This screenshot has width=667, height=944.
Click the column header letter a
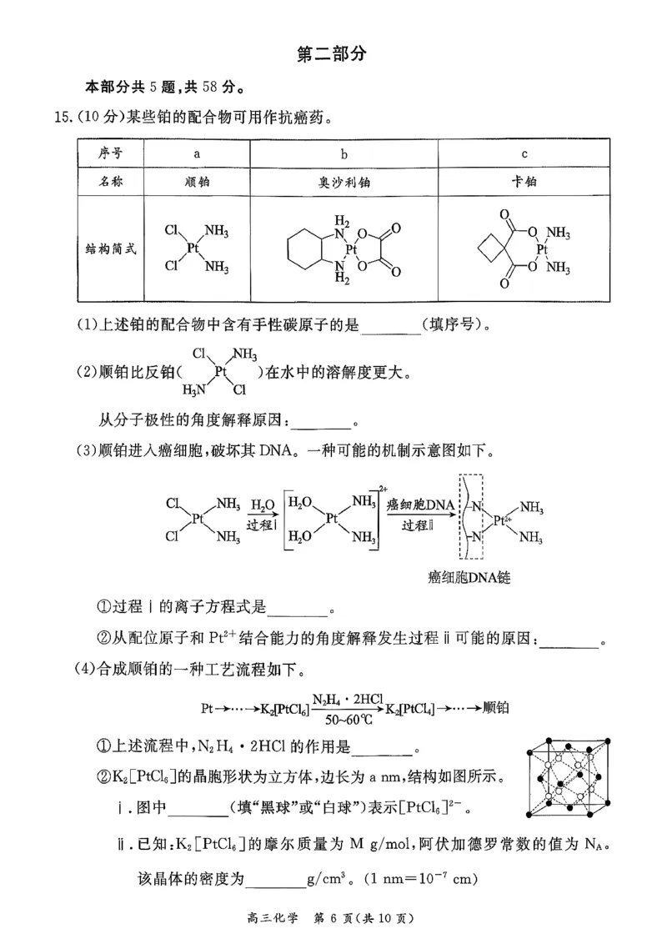pos(197,153)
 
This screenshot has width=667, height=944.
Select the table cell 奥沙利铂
pos(343,180)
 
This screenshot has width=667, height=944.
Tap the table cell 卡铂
pos(524,180)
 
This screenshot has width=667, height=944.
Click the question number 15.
pos(63,117)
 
